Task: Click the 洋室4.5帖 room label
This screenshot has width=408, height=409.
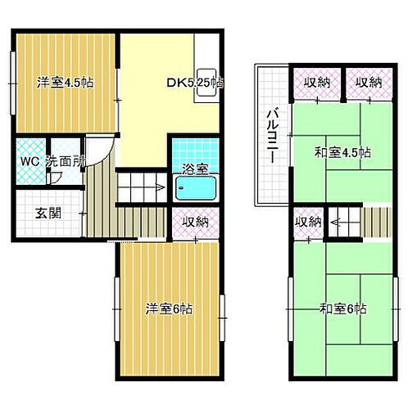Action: [63, 83]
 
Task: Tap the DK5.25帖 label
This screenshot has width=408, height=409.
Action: [196, 83]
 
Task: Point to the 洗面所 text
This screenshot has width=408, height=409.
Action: [65, 160]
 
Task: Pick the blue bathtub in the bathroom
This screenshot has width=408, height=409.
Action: [195, 191]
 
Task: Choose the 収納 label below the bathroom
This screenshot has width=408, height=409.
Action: [195, 222]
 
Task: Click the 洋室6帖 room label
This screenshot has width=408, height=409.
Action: [170, 308]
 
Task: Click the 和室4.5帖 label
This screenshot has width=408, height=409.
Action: [344, 152]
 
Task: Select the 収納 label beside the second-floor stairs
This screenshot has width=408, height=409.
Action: [310, 222]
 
